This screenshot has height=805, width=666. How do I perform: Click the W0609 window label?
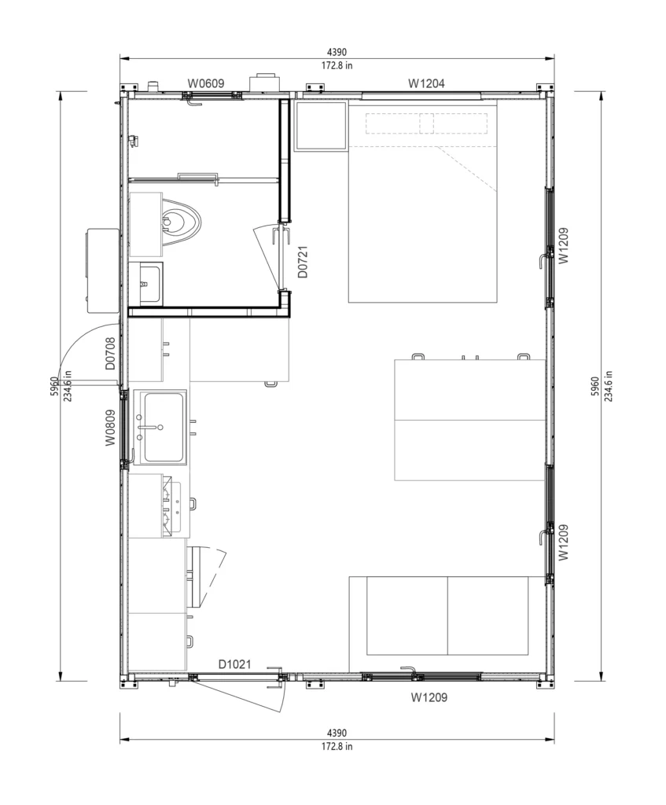(205, 83)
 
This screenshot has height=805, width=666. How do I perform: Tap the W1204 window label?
(426, 83)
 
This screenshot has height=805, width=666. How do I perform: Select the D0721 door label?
(303, 262)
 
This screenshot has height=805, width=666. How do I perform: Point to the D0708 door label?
(110, 353)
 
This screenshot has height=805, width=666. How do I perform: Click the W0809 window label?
(110, 428)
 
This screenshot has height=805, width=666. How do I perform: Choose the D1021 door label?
(234, 664)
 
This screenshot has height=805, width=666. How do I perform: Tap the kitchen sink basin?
(164, 427)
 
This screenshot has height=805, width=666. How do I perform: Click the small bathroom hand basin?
(145, 283)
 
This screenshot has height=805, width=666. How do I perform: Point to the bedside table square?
(321, 126)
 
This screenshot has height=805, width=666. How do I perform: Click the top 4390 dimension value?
(337, 52)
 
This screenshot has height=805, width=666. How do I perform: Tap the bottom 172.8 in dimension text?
(337, 747)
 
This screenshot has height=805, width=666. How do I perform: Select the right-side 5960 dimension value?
(595, 386)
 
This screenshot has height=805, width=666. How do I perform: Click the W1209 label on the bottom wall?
(429, 697)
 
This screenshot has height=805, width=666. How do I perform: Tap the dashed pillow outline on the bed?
(426, 123)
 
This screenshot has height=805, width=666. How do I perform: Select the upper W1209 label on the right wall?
(563, 245)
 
